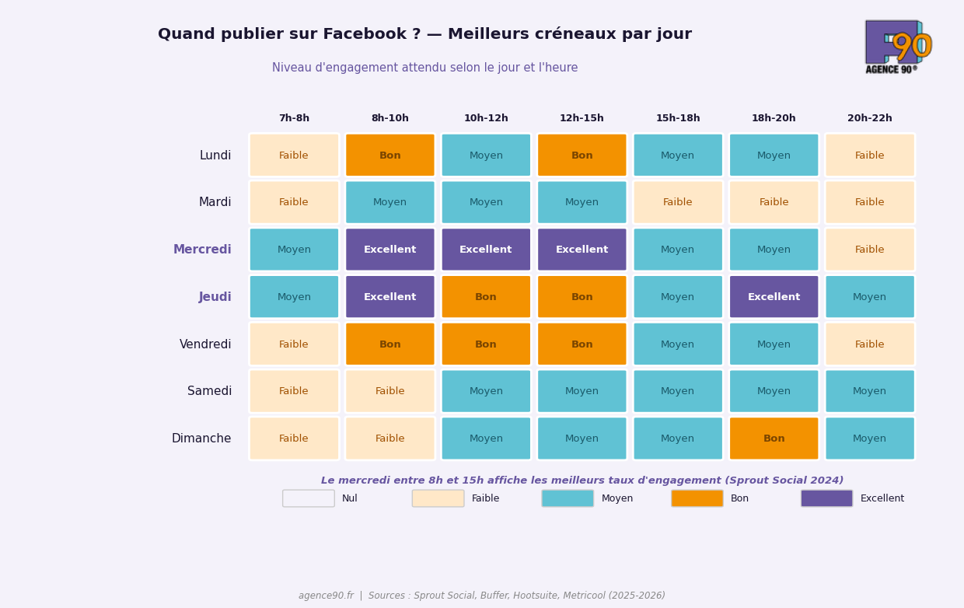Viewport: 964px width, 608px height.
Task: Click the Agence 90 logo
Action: click(898, 47)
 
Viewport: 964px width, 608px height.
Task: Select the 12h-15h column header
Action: click(582, 118)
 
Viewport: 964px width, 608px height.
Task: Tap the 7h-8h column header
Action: click(294, 118)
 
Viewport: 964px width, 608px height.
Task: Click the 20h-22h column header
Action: click(869, 118)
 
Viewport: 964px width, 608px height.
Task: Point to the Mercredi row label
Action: click(202, 250)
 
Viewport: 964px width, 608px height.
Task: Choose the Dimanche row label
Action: click(201, 439)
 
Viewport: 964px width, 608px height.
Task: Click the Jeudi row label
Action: click(215, 297)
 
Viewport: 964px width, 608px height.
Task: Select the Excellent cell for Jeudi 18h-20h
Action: click(774, 297)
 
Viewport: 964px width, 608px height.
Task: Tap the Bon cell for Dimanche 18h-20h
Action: click(774, 439)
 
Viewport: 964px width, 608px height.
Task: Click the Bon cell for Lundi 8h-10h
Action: click(389, 155)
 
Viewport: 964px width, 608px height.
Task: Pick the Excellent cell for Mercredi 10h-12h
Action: click(486, 250)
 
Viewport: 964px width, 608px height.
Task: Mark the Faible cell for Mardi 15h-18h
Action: click(677, 202)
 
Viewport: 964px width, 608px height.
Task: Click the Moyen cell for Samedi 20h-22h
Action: click(869, 391)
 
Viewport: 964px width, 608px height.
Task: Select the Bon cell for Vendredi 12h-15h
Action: click(582, 344)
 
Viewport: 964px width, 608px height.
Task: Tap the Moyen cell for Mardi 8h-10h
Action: click(389, 202)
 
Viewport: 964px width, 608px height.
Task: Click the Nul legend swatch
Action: click(309, 498)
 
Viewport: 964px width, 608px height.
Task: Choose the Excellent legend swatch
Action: click(826, 498)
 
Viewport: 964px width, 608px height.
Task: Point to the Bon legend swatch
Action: click(697, 498)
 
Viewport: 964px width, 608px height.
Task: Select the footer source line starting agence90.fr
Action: click(482, 596)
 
